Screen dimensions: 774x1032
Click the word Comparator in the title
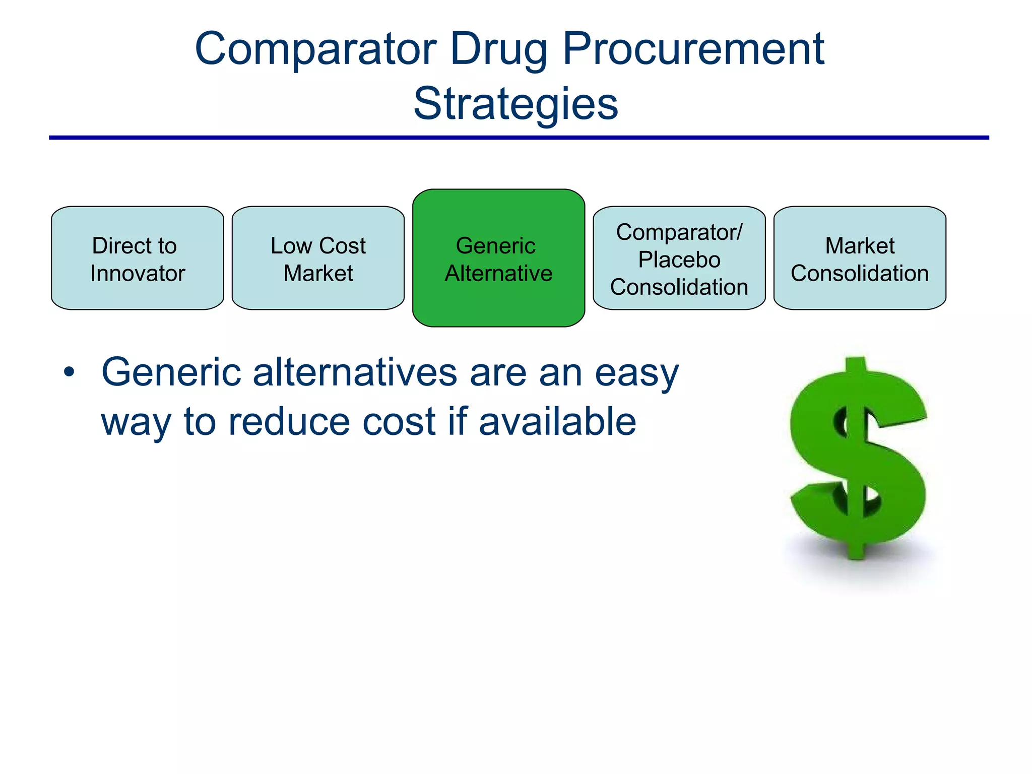(x=315, y=49)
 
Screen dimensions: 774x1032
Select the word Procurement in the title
(x=693, y=49)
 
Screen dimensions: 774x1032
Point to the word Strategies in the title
(x=515, y=104)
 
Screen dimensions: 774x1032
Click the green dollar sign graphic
(x=858, y=459)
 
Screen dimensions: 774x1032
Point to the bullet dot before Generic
(x=69, y=373)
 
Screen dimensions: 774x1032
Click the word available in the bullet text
(x=557, y=422)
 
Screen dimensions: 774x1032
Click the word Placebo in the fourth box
(x=679, y=260)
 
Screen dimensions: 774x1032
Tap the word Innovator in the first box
(x=138, y=274)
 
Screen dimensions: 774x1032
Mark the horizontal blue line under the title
(x=519, y=137)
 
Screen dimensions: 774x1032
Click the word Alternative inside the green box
(x=498, y=274)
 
